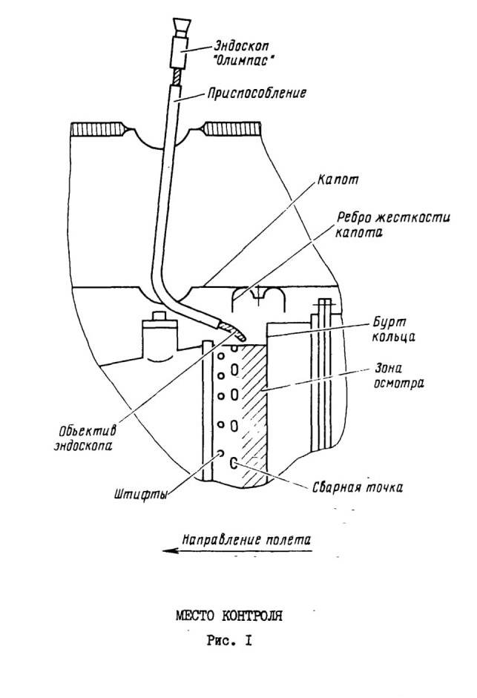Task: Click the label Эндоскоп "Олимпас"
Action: point(243,53)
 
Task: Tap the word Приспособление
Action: point(257,93)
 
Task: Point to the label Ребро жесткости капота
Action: point(393,225)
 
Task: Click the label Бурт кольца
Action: point(393,329)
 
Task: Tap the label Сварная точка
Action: point(357,487)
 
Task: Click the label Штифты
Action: point(140,495)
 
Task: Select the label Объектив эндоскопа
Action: point(85,438)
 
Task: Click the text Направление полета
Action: point(246,539)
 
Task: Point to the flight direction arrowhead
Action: point(170,550)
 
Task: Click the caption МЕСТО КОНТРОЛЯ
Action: point(229,616)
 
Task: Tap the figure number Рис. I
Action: point(229,641)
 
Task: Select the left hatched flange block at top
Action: point(97,128)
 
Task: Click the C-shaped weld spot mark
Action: point(232,463)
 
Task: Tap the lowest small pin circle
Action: point(220,454)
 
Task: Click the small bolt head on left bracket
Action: point(159,316)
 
